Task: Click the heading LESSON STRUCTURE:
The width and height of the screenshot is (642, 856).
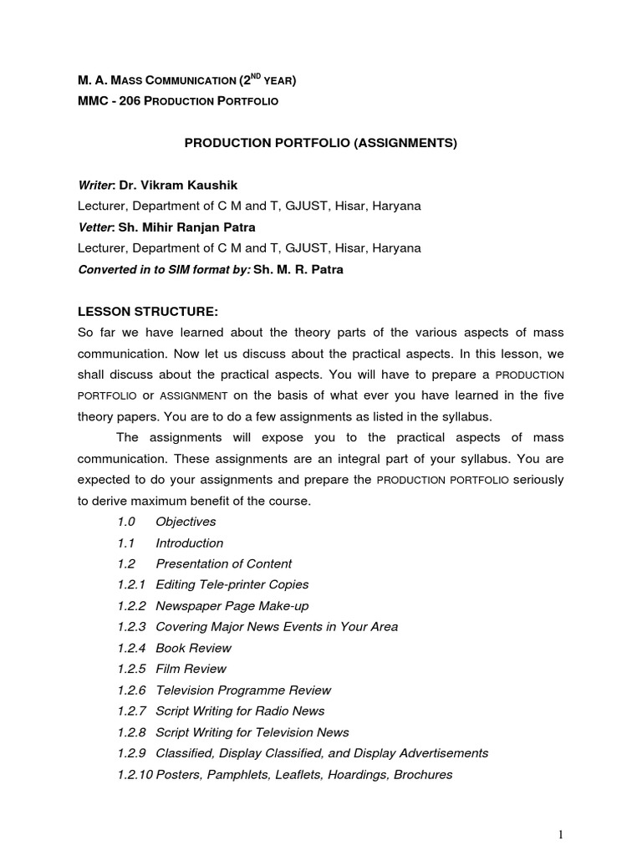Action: click(x=148, y=312)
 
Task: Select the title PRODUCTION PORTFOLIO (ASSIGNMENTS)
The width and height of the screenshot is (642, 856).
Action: click(x=320, y=143)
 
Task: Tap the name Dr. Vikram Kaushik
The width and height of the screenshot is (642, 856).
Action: click(x=184, y=185)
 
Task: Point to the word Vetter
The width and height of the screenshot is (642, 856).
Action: click(x=94, y=227)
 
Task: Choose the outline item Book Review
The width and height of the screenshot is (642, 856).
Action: click(x=193, y=648)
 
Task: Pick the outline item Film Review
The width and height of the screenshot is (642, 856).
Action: click(x=191, y=669)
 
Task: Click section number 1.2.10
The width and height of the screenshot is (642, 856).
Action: click(x=135, y=774)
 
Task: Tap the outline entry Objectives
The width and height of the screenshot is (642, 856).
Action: click(x=186, y=522)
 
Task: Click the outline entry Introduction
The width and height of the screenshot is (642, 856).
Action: click(x=189, y=543)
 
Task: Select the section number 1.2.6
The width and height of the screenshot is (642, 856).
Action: click(x=131, y=690)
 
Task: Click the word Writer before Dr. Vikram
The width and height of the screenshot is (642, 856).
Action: click(x=94, y=185)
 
